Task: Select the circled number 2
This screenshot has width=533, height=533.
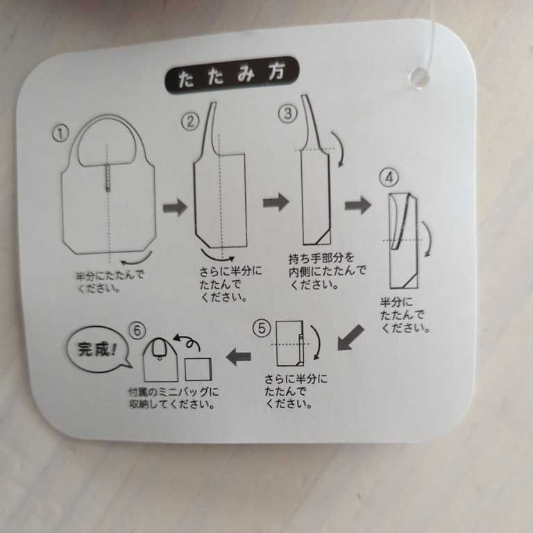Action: pyautogui.click(x=189, y=121)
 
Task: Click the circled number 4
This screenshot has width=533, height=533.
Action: pyautogui.click(x=389, y=178)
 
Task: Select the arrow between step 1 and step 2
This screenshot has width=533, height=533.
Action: pyautogui.click(x=175, y=207)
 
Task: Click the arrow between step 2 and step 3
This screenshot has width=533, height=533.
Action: pyautogui.click(x=276, y=202)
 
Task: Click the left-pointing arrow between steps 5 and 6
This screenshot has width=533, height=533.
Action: pyautogui.click(x=239, y=357)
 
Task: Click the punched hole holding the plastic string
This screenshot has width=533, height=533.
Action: pyautogui.click(x=417, y=77)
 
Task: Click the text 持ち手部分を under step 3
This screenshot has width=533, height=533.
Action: pyautogui.click(x=321, y=259)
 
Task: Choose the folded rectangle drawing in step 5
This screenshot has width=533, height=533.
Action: pyautogui.click(x=291, y=343)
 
